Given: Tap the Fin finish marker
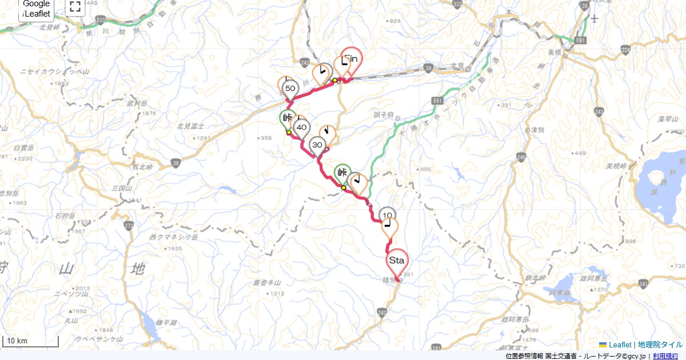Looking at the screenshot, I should click(x=353, y=59).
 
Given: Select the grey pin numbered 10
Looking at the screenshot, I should click(x=387, y=215).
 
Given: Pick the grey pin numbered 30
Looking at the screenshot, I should click(x=317, y=145).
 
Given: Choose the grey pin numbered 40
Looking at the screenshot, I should click(x=302, y=127).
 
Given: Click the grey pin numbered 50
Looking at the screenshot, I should click(x=290, y=89).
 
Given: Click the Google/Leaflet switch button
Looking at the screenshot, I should click(x=37, y=9).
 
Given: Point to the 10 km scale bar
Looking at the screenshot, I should click(x=31, y=342).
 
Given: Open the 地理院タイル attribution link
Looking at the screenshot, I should click(x=660, y=345).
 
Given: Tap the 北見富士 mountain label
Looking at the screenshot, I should click(x=190, y=126).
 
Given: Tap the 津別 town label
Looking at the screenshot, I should click(x=537, y=130).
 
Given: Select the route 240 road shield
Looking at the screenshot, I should click(x=521, y=156).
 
